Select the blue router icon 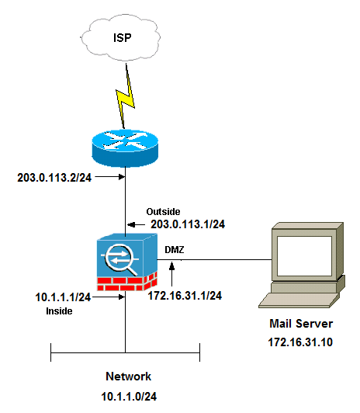(x=125, y=147)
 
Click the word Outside (x=163, y=211)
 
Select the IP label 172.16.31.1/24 (x=185, y=296)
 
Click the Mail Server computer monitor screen (x=302, y=252)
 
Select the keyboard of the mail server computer (x=306, y=304)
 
